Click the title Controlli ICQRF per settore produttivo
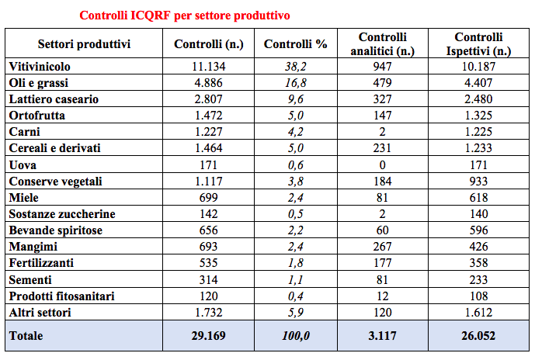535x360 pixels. tap(186, 15)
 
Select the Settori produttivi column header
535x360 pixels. tap(84, 44)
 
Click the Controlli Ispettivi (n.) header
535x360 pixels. tap(482, 44)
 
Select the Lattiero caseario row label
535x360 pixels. tap(54, 99)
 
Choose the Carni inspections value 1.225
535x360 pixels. tap(482, 132)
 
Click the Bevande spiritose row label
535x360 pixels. tap(55, 230)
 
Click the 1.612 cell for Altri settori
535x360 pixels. tap(482, 312)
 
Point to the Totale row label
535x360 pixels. tap(26, 336)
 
